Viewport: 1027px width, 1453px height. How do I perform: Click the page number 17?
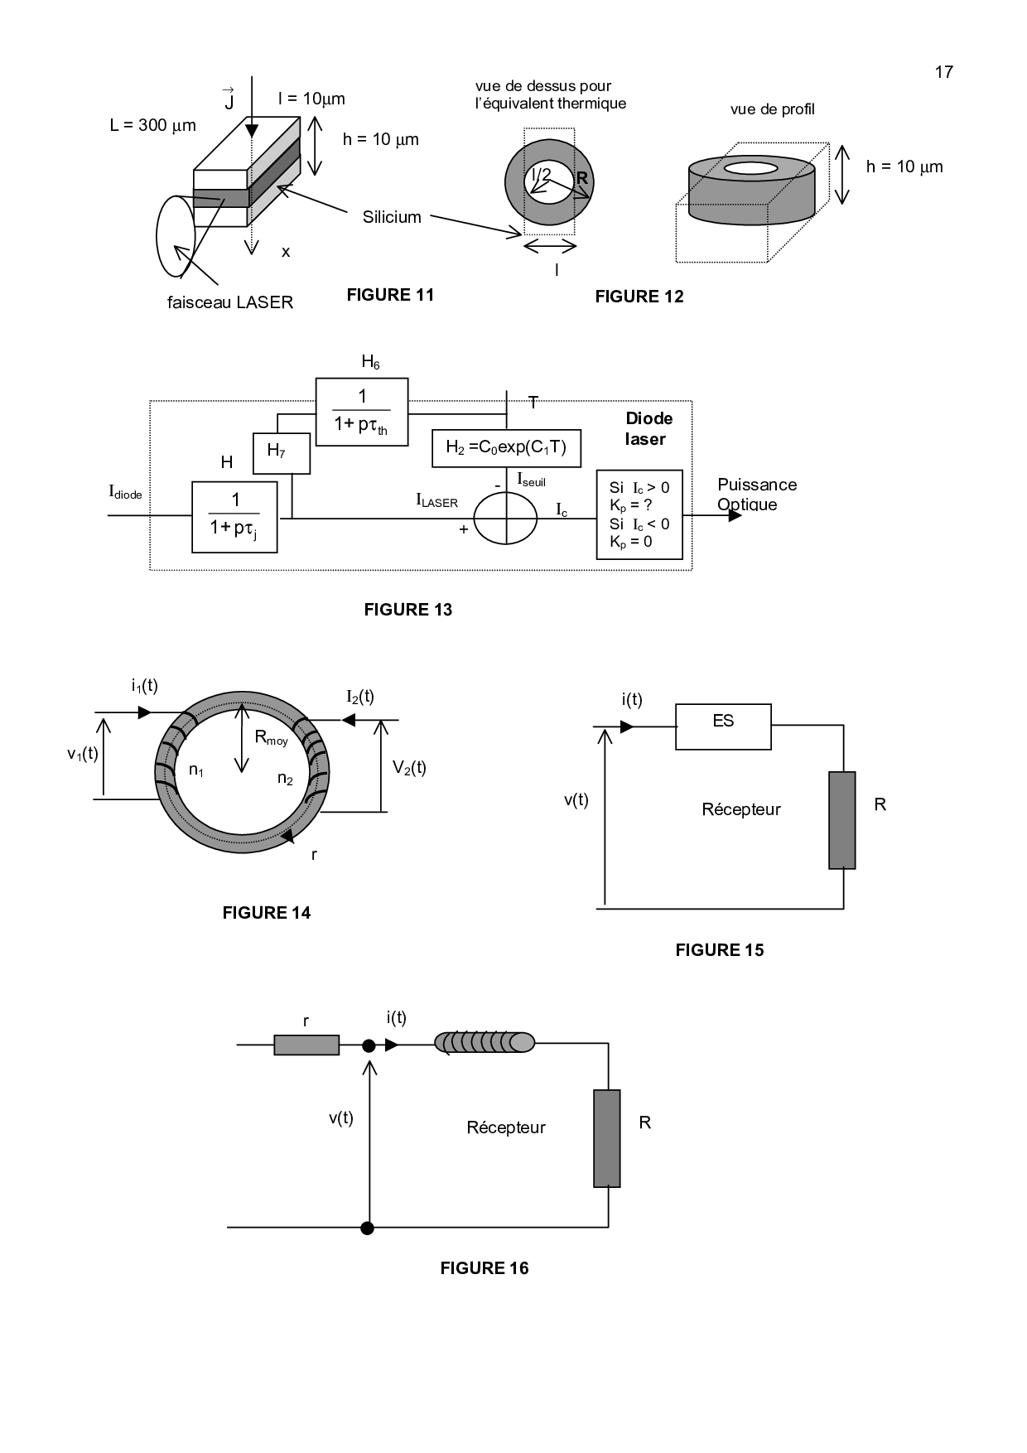click(x=944, y=72)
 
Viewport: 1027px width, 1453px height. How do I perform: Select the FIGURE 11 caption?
click(x=390, y=295)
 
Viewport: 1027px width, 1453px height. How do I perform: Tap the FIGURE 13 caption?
click(x=408, y=610)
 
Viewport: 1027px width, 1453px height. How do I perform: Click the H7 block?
click(x=282, y=453)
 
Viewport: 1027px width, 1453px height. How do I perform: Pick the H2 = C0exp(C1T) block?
click(x=506, y=448)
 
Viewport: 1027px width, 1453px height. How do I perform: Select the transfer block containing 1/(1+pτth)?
click(x=362, y=412)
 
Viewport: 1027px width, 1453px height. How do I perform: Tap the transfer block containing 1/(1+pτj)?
click(x=235, y=517)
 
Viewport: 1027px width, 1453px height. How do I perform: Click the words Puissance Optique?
click(x=757, y=495)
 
